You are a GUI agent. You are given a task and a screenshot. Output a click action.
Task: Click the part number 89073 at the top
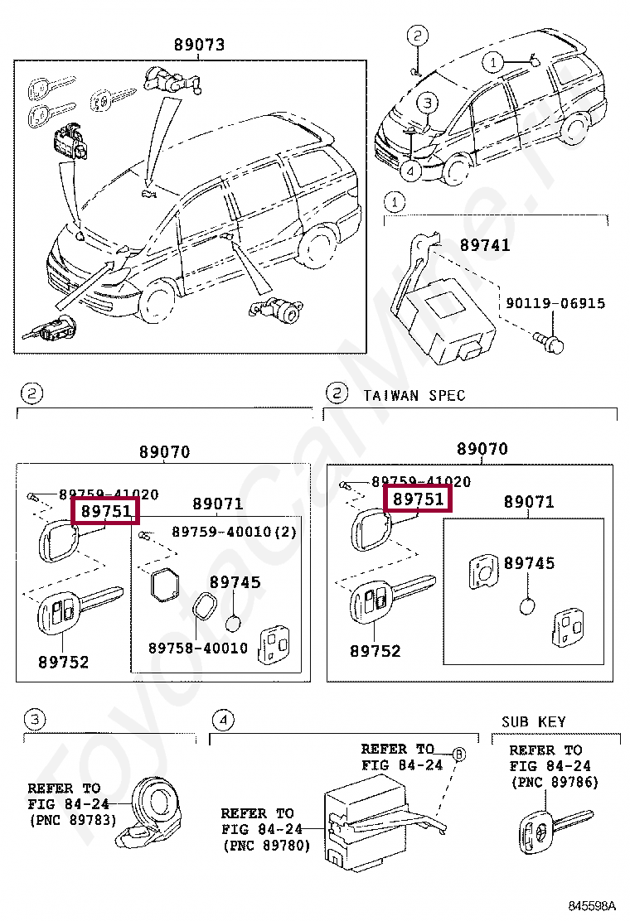pyautogui.click(x=199, y=45)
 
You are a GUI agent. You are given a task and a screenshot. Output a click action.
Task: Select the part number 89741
pyautogui.click(x=485, y=245)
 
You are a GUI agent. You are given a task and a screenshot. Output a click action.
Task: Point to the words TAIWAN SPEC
pyautogui.click(x=414, y=395)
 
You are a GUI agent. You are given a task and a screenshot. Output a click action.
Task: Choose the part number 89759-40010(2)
pyautogui.click(x=234, y=531)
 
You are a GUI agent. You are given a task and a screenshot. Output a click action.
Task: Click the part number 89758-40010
pyautogui.click(x=198, y=648)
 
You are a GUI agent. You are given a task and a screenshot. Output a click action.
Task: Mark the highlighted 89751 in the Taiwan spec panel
pyautogui.click(x=419, y=499)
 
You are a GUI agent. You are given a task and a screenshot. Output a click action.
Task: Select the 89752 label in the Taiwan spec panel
pyautogui.click(x=375, y=651)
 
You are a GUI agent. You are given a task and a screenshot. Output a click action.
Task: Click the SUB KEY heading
pyautogui.click(x=533, y=722)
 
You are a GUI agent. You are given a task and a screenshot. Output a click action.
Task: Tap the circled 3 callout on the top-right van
pyautogui.click(x=426, y=104)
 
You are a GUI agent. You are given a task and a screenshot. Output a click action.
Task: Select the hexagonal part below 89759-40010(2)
pyautogui.click(x=165, y=585)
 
